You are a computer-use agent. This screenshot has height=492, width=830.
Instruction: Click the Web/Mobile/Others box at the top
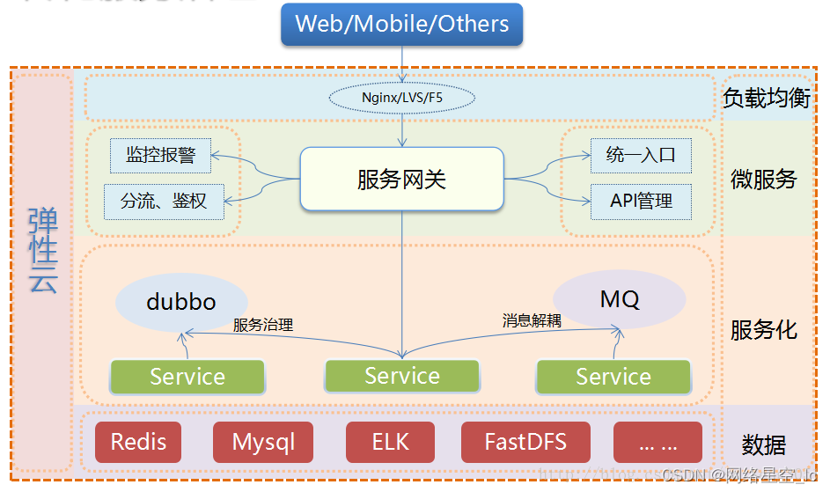point(401,24)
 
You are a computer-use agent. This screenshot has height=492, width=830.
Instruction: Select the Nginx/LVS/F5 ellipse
point(402,97)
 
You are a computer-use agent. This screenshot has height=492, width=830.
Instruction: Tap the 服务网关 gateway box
point(401,180)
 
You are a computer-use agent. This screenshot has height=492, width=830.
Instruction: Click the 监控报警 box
point(160,156)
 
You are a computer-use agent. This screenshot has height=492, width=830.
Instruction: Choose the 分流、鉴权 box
point(164,202)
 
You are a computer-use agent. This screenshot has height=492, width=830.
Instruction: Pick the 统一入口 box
point(641,156)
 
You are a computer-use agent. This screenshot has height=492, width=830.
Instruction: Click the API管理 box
point(641,202)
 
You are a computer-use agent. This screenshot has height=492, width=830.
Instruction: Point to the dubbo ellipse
point(181,302)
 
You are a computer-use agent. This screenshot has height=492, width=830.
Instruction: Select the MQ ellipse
point(620,299)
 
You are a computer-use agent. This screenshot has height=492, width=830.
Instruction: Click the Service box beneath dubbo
point(187,377)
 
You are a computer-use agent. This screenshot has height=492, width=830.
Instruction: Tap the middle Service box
point(402,376)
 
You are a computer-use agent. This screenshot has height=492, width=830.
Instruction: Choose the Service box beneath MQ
point(613,377)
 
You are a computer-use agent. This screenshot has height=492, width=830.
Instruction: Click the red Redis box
point(137,442)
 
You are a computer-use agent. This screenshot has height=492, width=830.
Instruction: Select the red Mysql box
point(263,442)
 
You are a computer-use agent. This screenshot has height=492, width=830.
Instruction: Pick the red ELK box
point(390,442)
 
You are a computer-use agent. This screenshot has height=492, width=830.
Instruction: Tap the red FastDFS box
point(525,442)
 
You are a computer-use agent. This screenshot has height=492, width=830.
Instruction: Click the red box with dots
point(657,442)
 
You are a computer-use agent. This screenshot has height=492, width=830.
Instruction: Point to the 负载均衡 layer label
point(766,98)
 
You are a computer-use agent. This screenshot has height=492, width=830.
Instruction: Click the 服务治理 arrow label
point(262,325)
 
